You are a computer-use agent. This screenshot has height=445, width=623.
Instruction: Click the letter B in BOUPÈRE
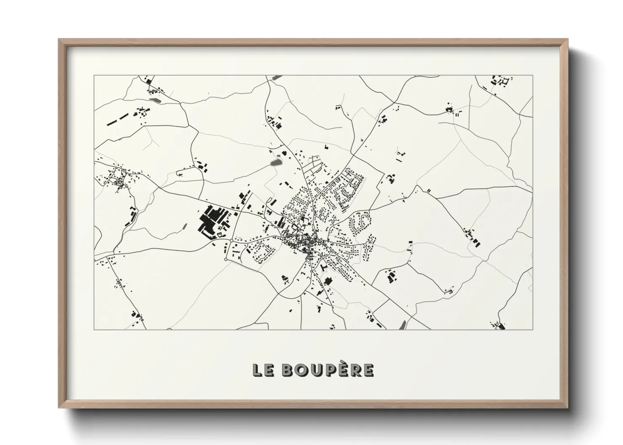287,370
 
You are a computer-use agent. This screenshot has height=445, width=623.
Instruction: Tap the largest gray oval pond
276,162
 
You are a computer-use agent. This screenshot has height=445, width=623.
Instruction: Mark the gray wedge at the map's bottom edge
402,325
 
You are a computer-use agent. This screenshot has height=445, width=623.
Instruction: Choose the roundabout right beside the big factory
232,240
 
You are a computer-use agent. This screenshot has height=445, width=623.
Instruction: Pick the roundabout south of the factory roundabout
226,260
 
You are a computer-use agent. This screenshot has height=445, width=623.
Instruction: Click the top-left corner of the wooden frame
59,40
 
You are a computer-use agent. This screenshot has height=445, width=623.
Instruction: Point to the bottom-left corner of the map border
94,329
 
